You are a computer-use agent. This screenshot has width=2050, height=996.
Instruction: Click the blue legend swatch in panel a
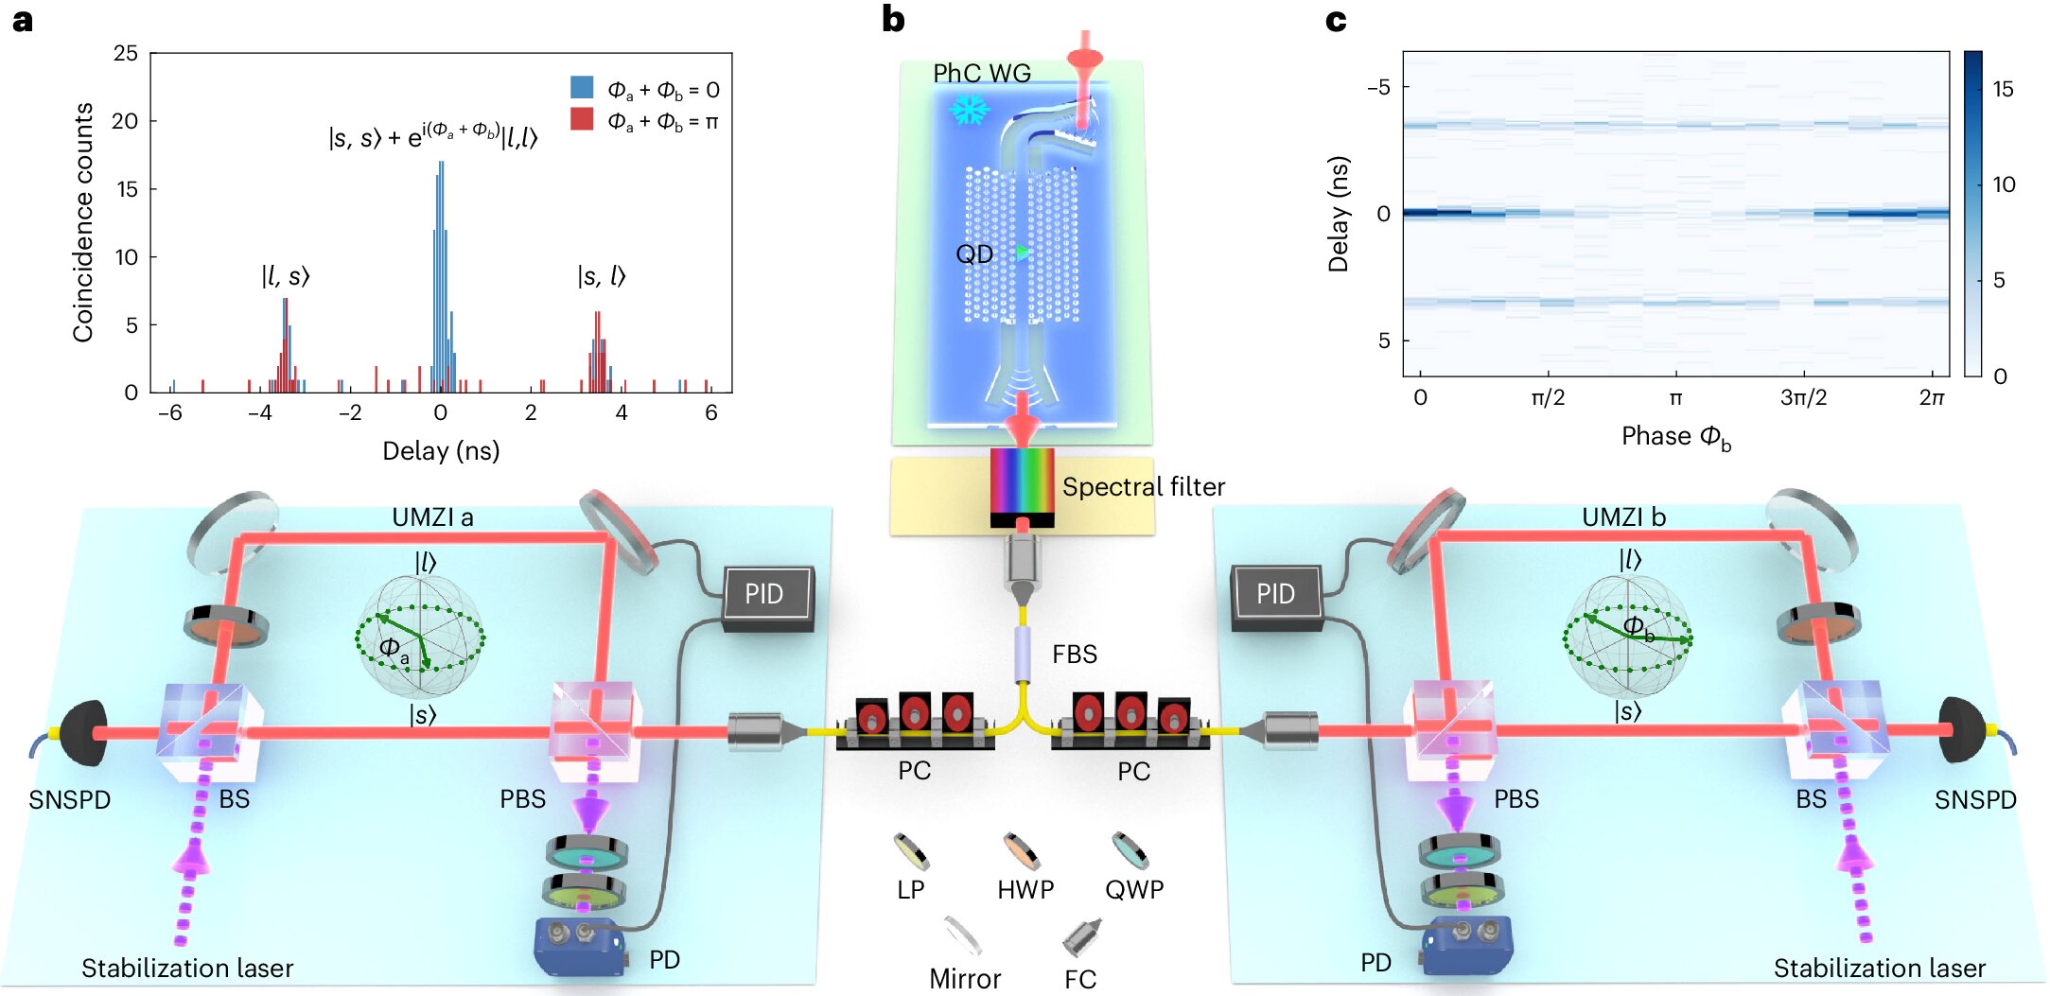click(582, 88)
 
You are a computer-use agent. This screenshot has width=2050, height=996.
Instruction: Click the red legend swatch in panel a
click(582, 119)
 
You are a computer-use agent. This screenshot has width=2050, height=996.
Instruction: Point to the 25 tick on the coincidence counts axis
click(126, 53)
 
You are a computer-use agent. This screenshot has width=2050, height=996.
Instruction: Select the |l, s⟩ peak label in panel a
click(286, 276)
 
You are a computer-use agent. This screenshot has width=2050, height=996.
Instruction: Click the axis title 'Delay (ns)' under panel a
click(441, 450)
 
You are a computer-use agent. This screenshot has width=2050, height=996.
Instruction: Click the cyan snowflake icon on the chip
click(969, 111)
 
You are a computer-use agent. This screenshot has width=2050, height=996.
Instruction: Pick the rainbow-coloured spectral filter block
click(1022, 481)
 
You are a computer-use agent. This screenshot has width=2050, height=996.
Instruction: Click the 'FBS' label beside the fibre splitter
click(1075, 655)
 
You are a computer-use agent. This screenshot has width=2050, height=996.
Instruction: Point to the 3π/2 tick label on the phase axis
click(1803, 397)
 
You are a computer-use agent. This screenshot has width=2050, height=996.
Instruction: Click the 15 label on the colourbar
click(2003, 89)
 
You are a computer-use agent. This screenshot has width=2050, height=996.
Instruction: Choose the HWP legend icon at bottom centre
click(1022, 850)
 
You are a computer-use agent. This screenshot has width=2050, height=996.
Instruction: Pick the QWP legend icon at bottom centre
click(1130, 850)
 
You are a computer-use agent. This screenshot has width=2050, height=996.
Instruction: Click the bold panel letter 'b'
click(893, 19)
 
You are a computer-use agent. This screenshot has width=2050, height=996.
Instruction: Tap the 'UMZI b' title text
click(1623, 517)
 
